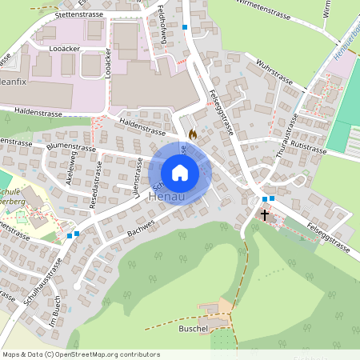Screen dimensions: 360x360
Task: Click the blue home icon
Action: pyautogui.click(x=180, y=173)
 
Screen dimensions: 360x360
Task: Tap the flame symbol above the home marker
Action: pyautogui.click(x=192, y=135)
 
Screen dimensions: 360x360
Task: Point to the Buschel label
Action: pyautogui.click(x=194, y=328)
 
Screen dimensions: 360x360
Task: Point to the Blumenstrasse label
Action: pyautogui.click(x=71, y=147)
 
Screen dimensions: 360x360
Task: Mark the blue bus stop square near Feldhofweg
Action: pyautogui.click(x=185, y=27)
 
